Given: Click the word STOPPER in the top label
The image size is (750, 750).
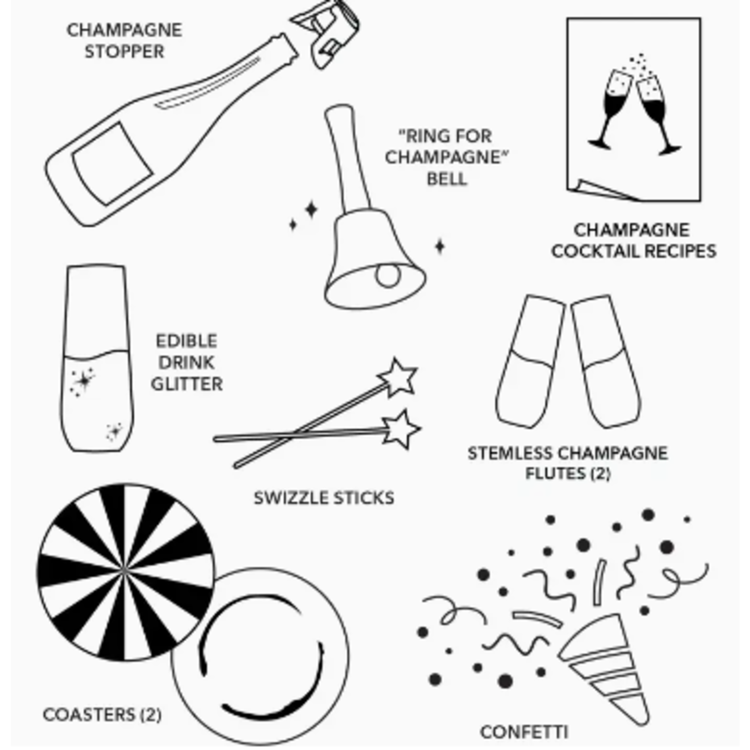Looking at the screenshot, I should pos(124,51).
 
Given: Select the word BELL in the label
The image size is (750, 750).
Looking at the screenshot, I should pos(447,179).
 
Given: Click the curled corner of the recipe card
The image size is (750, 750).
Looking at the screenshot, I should pos(599,190).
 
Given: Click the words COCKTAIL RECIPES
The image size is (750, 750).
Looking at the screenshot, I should pos(634,251).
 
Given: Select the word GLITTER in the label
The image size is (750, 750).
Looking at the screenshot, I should pos(187,384).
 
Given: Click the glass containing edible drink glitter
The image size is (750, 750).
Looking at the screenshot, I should pos(97,359).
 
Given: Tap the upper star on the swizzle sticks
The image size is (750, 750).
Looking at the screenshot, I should pos(398,378).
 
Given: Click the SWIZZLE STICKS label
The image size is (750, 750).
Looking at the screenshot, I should pos(324,498).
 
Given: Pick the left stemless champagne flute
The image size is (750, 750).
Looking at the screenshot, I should pos(529,363).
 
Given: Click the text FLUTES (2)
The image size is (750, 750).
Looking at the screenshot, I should pos(567,474).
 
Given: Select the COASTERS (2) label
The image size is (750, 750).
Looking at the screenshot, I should pos(102,715).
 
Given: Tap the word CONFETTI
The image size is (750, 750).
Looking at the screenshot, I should pos(524,732).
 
